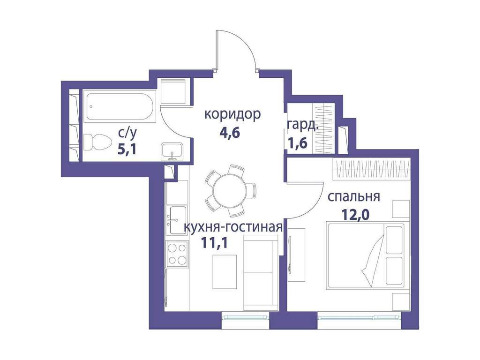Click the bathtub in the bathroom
pos(120,106)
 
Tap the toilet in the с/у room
pos(97,142)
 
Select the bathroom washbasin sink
pos(172,151)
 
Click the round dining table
pos(230,190)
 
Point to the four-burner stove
pos(177,253)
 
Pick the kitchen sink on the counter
pos(177,220)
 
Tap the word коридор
pos(232,114)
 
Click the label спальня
pos(353,196)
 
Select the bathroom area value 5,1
pos(127,150)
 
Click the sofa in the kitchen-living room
pos(261,273)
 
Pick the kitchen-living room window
pos(245,317)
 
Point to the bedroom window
pos(360,317)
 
